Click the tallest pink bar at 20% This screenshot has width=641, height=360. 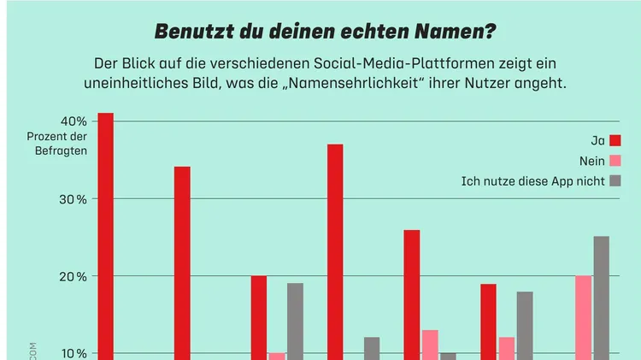pos(583,316)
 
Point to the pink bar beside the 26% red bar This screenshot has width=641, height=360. pos(430,344)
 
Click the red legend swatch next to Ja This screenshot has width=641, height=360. pos(615,140)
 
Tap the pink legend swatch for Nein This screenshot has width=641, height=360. pos(615,161)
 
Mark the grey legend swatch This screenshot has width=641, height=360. pos(615,180)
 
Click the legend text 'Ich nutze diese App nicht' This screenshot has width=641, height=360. pos(532,180)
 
